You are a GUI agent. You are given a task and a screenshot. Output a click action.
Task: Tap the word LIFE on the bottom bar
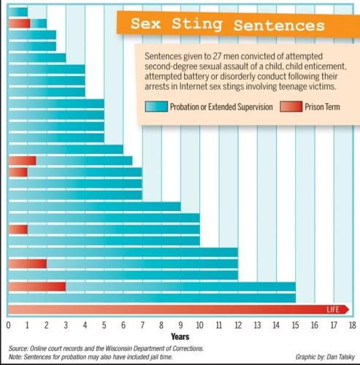(x=332, y=310)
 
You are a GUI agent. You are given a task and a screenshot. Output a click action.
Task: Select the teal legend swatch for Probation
(x=155, y=107)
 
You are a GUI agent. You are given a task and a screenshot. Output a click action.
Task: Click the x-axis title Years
(x=180, y=337)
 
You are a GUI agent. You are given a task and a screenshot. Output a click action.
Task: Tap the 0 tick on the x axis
(x=8, y=325)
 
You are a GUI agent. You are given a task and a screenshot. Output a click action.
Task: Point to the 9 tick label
(x=180, y=325)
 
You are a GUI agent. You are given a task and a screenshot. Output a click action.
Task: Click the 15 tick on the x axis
(x=295, y=325)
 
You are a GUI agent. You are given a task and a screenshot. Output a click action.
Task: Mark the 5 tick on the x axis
(x=104, y=325)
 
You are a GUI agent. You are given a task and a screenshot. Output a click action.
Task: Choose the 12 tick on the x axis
(x=237, y=325)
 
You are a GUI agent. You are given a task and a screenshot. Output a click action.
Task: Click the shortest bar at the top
(x=18, y=12)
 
